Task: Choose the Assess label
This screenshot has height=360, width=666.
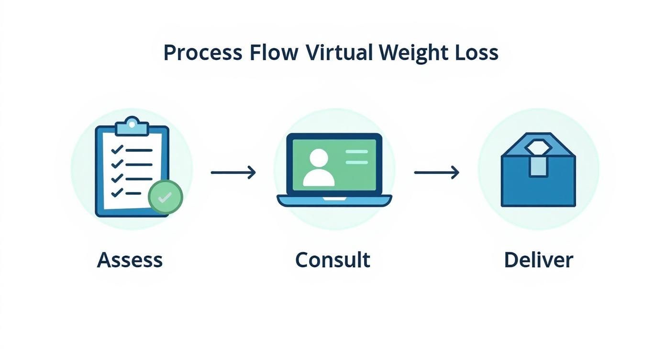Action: [130, 260]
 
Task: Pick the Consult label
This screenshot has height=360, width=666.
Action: [333, 260]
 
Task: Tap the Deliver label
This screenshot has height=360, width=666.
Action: [538, 260]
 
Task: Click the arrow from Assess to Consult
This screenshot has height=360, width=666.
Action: [233, 172]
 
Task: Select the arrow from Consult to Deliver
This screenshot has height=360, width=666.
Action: [436, 172]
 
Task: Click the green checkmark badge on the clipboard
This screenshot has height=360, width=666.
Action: [165, 197]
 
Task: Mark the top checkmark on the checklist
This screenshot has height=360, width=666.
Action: [117, 149]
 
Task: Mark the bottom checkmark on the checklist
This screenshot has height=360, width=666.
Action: [117, 193]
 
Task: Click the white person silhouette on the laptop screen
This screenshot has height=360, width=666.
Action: [319, 169]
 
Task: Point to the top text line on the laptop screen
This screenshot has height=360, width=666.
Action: [356, 152]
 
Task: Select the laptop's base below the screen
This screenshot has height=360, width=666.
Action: [334, 201]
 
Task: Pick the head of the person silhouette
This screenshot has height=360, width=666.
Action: [319, 157]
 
